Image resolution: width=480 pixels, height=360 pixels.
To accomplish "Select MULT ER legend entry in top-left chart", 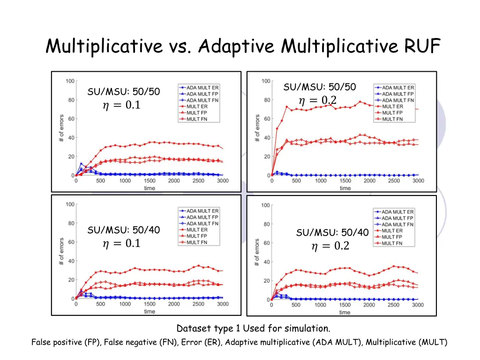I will [x=197, y=106].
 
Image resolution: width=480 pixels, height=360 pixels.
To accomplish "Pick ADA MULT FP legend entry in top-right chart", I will [x=398, y=94].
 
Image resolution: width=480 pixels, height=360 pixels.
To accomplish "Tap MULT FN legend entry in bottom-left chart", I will [x=197, y=242].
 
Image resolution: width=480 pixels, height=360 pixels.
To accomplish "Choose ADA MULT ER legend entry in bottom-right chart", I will [x=397, y=212].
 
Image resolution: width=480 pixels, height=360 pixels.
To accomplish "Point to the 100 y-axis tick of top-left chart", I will [x=69, y=81].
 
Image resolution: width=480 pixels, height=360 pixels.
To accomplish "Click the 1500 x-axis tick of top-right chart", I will [x=345, y=181].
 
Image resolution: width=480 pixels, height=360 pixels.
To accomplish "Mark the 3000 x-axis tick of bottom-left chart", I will [x=223, y=304].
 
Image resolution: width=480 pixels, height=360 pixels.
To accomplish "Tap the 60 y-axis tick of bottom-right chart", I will [x=265, y=243].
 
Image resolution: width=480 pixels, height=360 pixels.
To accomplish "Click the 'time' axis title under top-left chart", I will [x=150, y=188].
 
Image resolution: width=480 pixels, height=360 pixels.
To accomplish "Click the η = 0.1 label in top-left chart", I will [x=121, y=105].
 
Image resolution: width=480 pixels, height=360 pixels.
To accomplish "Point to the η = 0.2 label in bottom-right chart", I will [x=330, y=246].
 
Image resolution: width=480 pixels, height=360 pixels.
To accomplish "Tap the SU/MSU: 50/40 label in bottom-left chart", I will [x=124, y=230].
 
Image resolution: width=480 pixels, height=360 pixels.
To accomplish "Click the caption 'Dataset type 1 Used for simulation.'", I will [x=253, y=328].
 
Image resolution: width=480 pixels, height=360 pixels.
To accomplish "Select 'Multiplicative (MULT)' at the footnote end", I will [x=406, y=342].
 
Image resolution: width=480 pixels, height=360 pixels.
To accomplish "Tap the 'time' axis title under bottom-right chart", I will [x=345, y=312].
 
